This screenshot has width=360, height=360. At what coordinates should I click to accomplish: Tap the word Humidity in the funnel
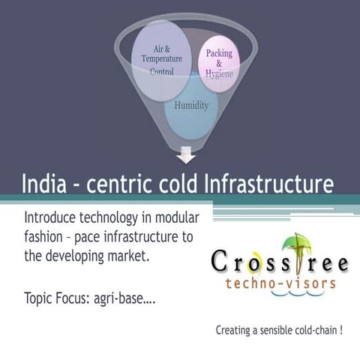click(191, 106)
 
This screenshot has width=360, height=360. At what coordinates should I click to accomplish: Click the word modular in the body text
click(181, 217)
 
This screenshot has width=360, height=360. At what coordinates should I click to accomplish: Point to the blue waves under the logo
click(281, 296)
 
